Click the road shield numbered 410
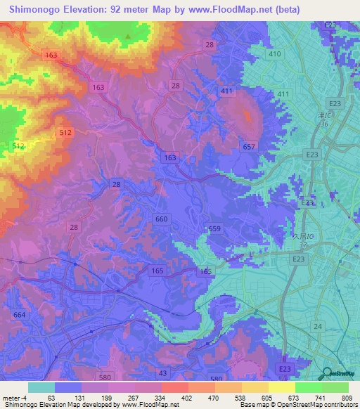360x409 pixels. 274,53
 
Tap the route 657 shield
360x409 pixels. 249,146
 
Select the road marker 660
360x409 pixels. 161,219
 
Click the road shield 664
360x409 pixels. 20,314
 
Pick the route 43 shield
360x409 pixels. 163,372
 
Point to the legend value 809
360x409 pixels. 343,397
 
